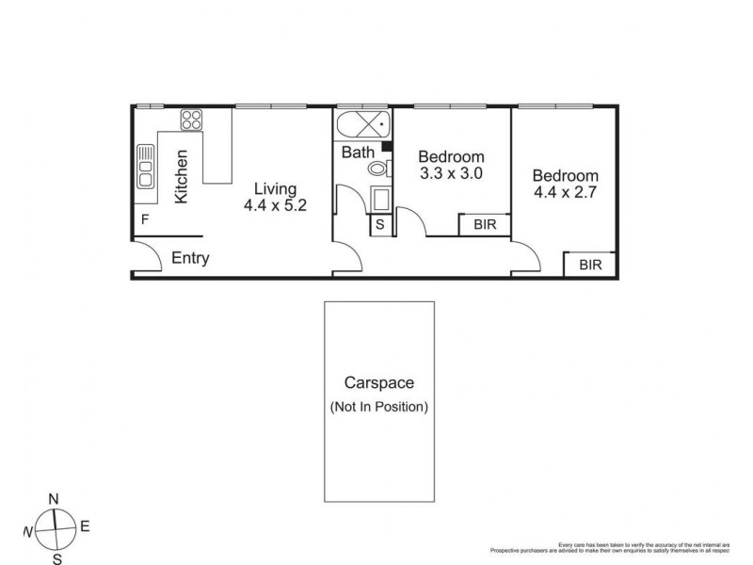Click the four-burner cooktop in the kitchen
(x=192, y=120)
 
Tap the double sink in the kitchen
(x=146, y=167)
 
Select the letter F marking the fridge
(x=145, y=219)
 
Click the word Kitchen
(x=183, y=176)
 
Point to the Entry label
(x=189, y=259)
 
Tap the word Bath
(x=358, y=151)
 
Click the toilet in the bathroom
(x=377, y=169)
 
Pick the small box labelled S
(x=380, y=225)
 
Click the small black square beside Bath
(x=386, y=146)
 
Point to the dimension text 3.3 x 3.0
(x=452, y=173)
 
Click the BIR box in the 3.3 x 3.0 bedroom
(x=485, y=225)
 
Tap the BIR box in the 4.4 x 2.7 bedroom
(x=590, y=265)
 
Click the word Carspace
(x=378, y=384)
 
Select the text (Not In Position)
(x=378, y=407)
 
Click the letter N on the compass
(x=55, y=498)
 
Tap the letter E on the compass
(x=84, y=528)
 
